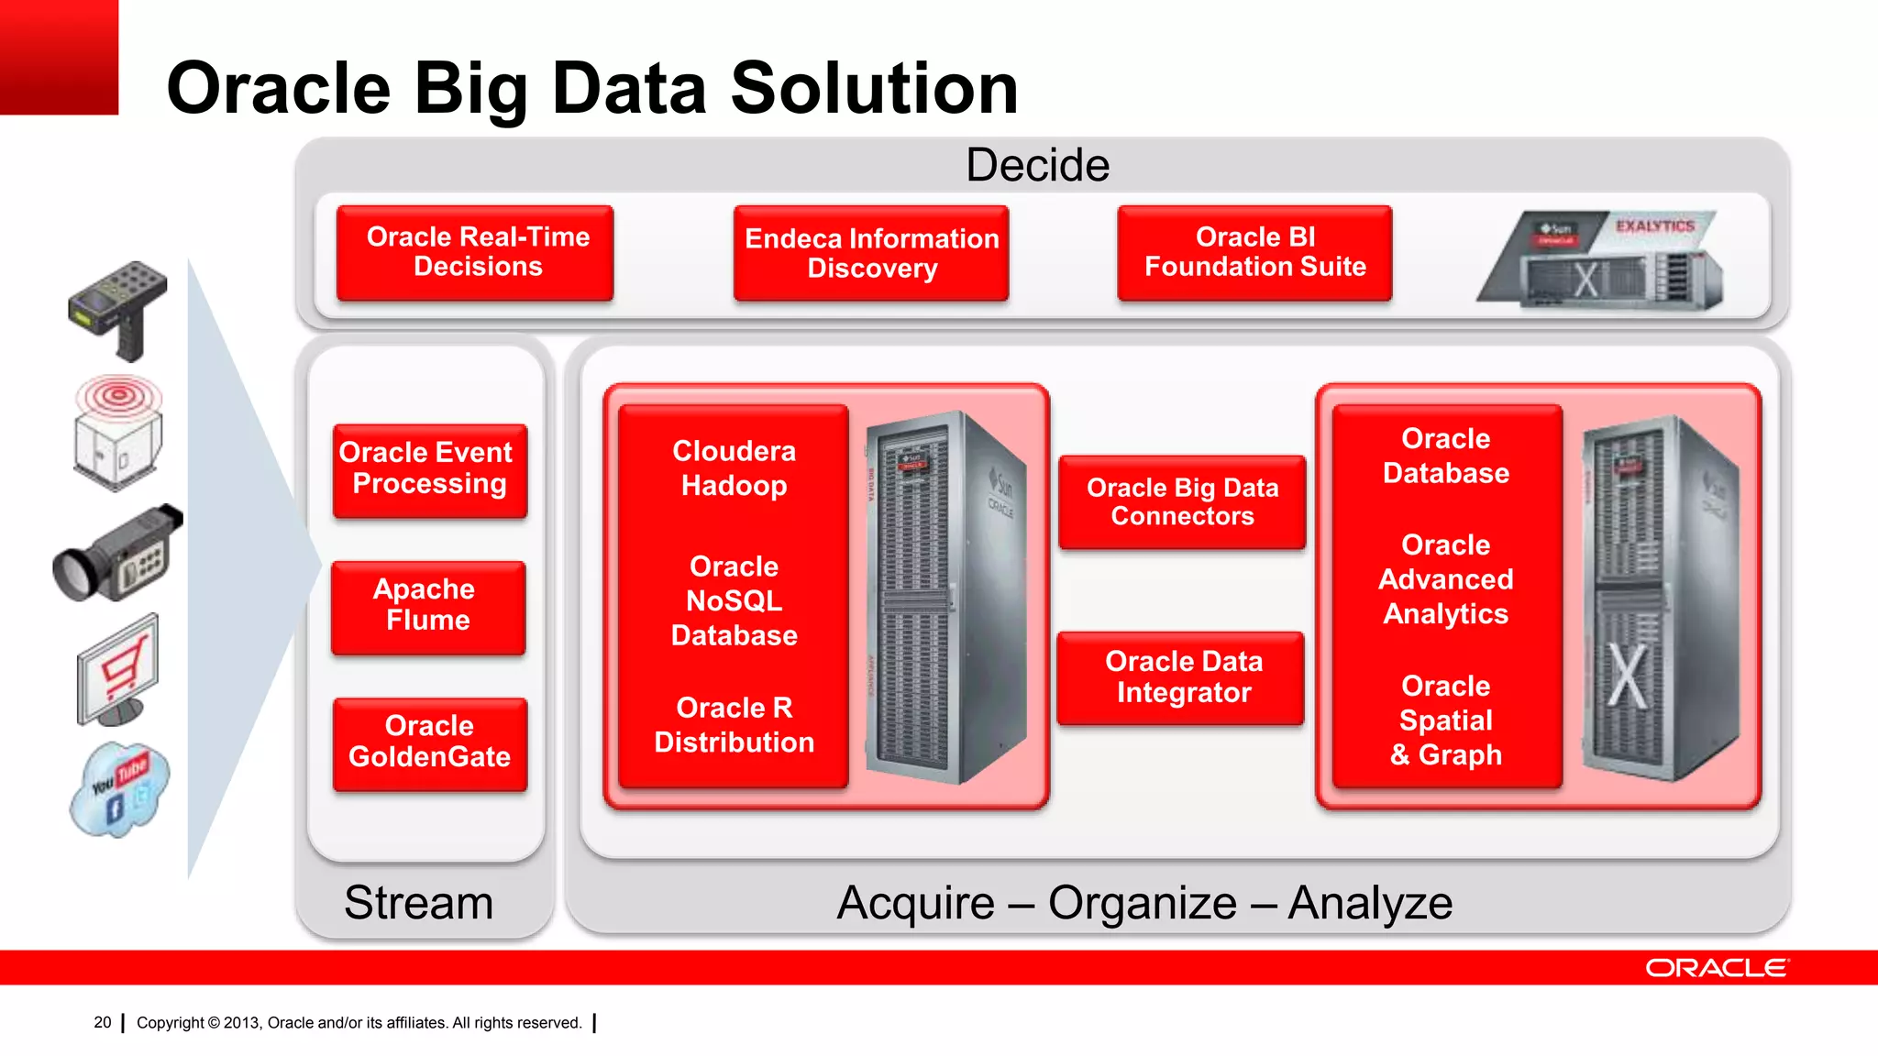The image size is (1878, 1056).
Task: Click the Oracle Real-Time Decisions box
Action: pyautogui.click(x=475, y=253)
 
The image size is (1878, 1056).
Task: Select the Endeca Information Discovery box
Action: pyautogui.click(x=871, y=254)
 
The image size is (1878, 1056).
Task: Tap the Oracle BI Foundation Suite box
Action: pyautogui.click(x=1254, y=253)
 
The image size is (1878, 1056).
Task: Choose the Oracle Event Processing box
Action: pyautogui.click(x=429, y=470)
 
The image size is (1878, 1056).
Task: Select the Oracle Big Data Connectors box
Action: pyautogui.click(x=1182, y=502)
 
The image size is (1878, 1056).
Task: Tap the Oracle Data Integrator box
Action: pyautogui.click(x=1181, y=677)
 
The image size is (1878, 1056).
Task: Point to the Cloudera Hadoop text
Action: pyautogui.click(x=734, y=468)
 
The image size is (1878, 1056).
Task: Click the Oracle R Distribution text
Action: pyautogui.click(x=734, y=725)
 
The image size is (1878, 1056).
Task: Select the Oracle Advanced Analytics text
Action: pyautogui.click(x=1445, y=579)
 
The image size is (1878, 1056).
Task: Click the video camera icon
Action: pyautogui.click(x=117, y=554)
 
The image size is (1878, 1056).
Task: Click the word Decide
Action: pyautogui.click(x=1037, y=166)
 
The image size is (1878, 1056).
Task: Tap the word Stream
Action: pyautogui.click(x=418, y=903)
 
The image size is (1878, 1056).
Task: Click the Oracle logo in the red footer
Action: pyautogui.click(x=1715, y=968)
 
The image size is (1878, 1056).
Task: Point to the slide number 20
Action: pyautogui.click(x=103, y=1022)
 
